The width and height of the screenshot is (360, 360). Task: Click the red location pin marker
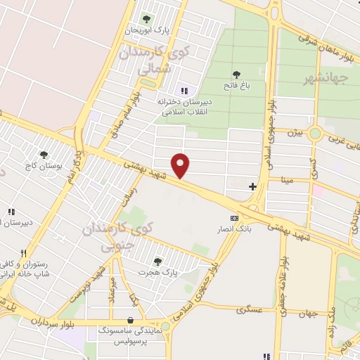click(181, 165)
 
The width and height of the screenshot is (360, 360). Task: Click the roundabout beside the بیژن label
click(314, 132)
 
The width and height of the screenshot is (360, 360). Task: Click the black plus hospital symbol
click(253, 186)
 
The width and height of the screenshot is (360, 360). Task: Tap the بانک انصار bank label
click(234, 230)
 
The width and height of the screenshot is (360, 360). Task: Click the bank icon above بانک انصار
click(234, 219)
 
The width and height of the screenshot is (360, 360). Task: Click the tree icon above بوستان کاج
click(44, 154)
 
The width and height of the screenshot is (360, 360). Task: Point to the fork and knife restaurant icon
click(23, 254)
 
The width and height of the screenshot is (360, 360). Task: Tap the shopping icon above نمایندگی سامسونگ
click(131, 317)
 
